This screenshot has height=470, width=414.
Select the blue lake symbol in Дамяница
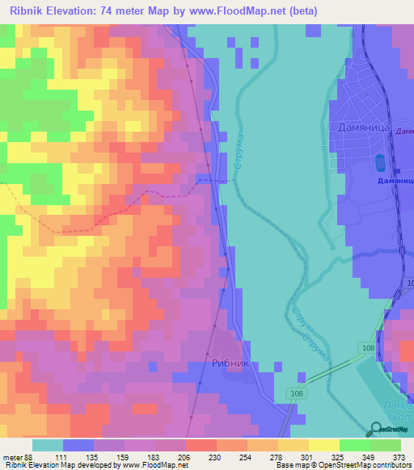coord(380,162)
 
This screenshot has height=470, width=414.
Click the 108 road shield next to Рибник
coord(294,392)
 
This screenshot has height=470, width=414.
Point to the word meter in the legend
coord(12,456)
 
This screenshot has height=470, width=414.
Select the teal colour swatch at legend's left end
coord(48,444)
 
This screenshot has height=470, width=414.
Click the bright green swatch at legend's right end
coord(386,444)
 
